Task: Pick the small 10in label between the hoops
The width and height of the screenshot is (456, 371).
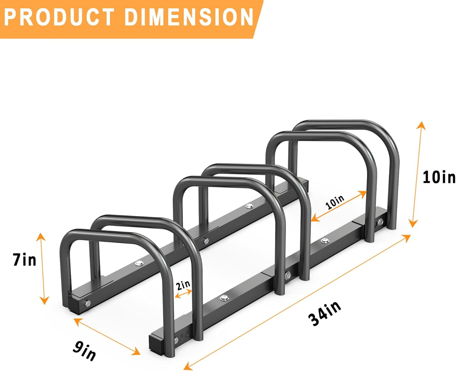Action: pyautogui.click(x=335, y=202)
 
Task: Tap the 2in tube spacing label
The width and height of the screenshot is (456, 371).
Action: pyautogui.click(x=183, y=285)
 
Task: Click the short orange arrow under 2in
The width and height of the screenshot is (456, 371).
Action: pyautogui.click(x=183, y=293)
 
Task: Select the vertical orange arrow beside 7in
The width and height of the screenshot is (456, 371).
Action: pyautogui.click(x=43, y=268)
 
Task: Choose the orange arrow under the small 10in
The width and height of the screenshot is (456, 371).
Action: pyautogui.click(x=339, y=206)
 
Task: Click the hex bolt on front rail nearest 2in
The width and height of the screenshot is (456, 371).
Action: pyautogui.click(x=224, y=297)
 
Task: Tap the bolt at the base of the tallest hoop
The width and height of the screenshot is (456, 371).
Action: pyautogui.click(x=380, y=223)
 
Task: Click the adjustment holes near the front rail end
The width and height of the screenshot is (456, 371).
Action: pyautogui.click(x=184, y=334)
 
